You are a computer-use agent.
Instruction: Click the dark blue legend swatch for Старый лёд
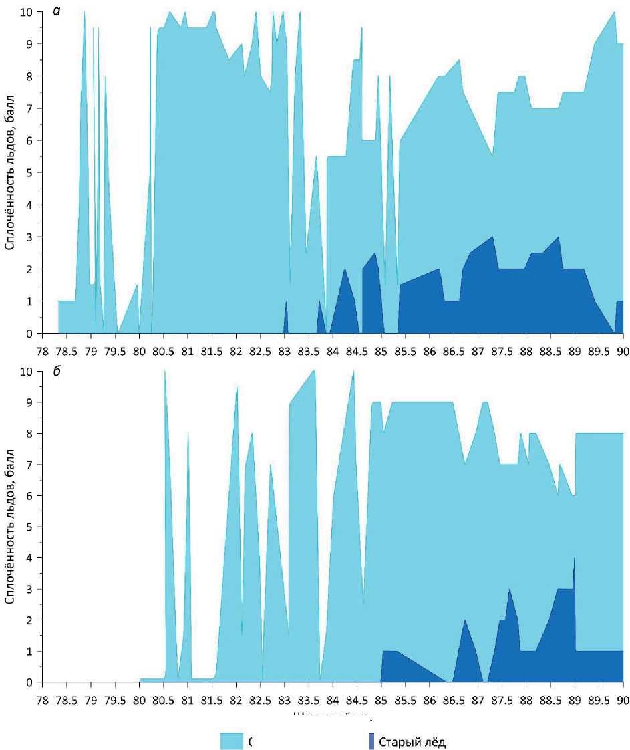pos(370,741)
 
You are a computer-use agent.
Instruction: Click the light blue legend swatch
pos(231,741)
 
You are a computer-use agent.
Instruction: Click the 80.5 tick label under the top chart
pos(163,348)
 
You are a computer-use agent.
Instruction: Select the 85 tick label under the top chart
pos(381,348)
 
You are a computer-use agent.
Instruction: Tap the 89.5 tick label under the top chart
pos(599,348)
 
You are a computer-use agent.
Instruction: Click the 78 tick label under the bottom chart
pos(42,699)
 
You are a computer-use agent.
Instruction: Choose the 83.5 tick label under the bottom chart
pos(308,699)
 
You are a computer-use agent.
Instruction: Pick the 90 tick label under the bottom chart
pos(623,699)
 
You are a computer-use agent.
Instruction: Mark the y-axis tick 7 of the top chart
pos(30,108)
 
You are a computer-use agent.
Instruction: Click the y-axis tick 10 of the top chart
pos(27,11)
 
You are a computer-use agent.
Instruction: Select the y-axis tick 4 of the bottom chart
pos(30,558)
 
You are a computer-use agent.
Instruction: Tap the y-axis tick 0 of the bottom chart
pos(30,682)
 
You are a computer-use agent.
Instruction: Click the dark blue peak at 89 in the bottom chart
pos(574,565)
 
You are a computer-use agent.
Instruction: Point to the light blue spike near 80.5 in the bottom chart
pos(165,381)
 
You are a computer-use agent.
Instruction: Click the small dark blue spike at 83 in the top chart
pos(286,314)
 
